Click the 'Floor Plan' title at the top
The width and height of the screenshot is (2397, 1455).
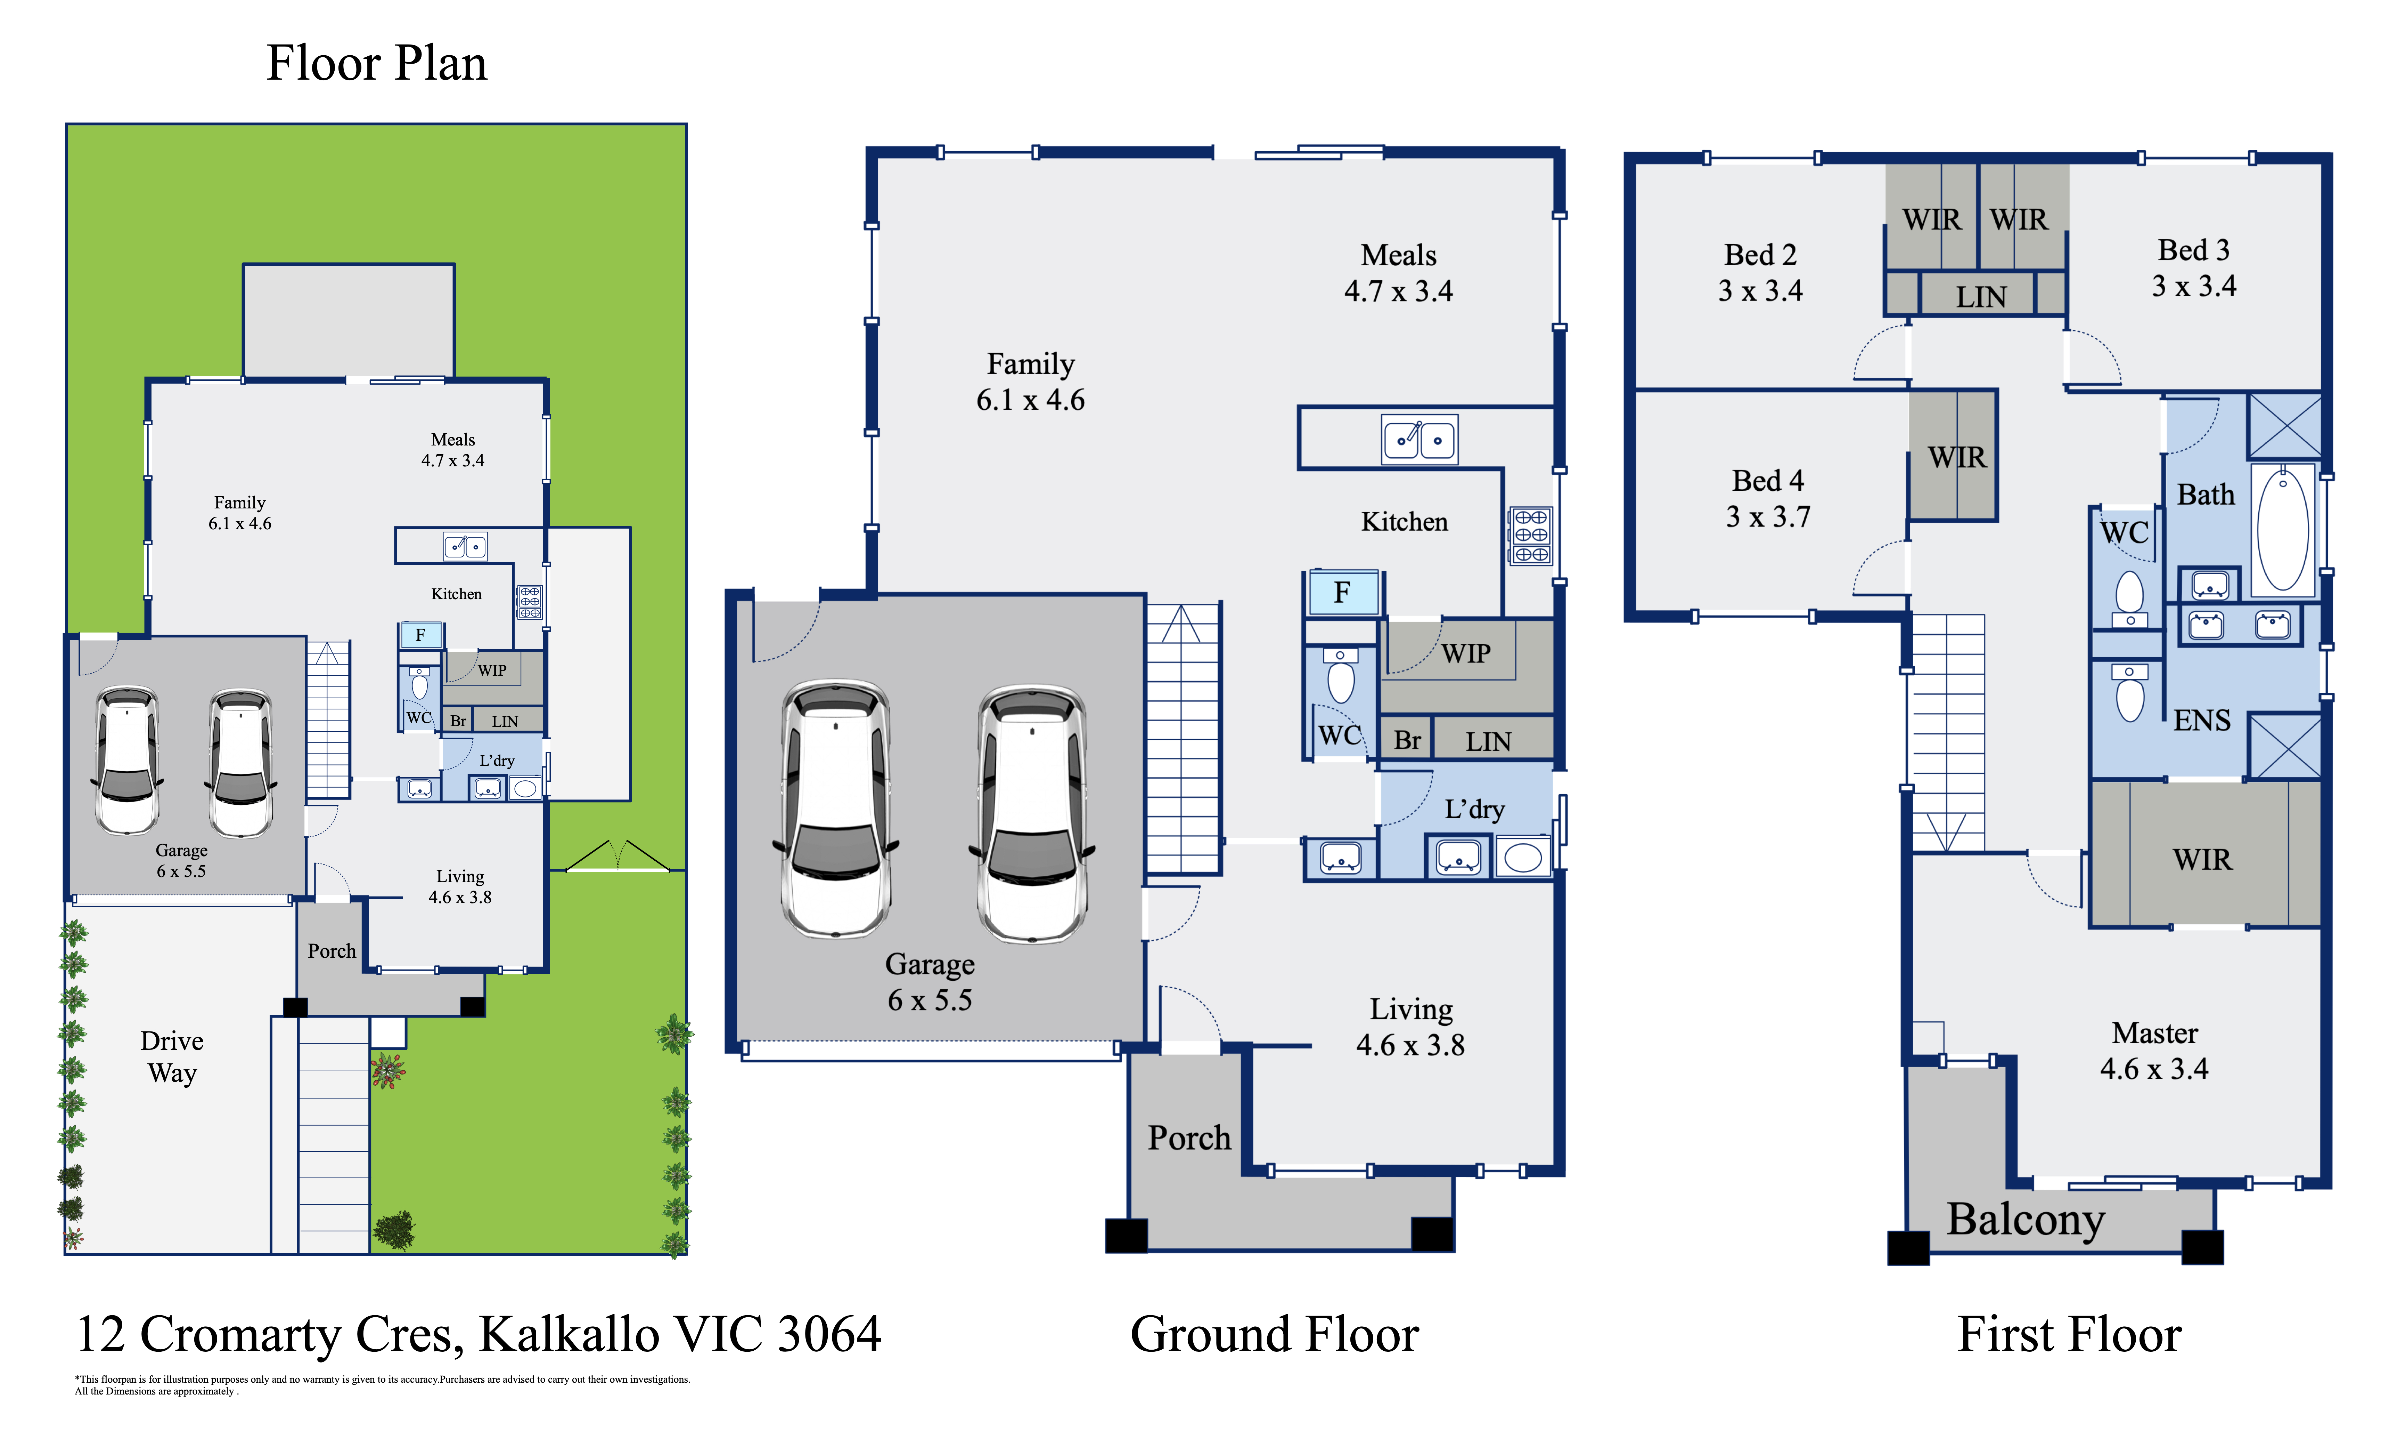376,63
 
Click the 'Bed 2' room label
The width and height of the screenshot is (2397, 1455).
1760,255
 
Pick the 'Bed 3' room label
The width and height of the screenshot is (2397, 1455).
2194,250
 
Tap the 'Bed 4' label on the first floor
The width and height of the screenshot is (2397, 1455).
1768,481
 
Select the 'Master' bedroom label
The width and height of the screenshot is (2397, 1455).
2155,1032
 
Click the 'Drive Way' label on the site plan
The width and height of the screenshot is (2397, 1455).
172,1057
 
